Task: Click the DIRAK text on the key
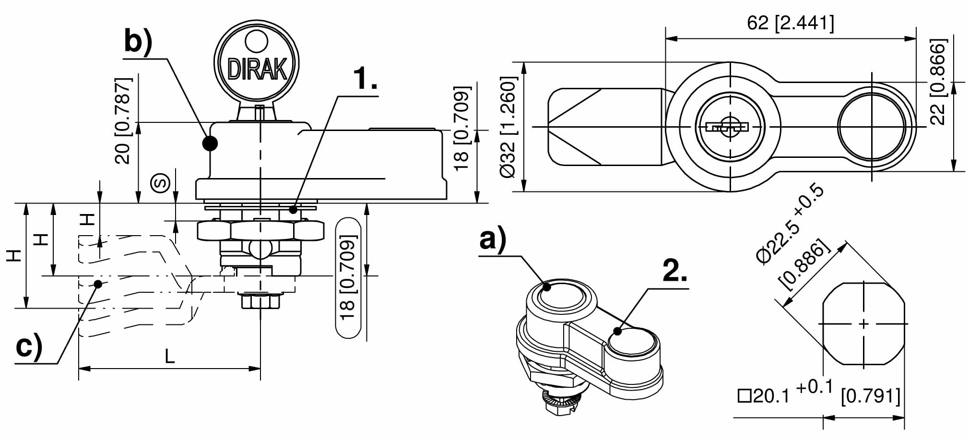tap(257, 69)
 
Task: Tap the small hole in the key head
tap(256, 42)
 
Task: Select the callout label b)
tap(138, 41)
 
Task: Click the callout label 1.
tap(365, 78)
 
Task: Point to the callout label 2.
tap(674, 271)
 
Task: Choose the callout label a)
tap(493, 240)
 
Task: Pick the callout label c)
tap(29, 346)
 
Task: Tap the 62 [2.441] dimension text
tap(791, 23)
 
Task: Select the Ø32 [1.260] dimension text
tap(508, 127)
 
